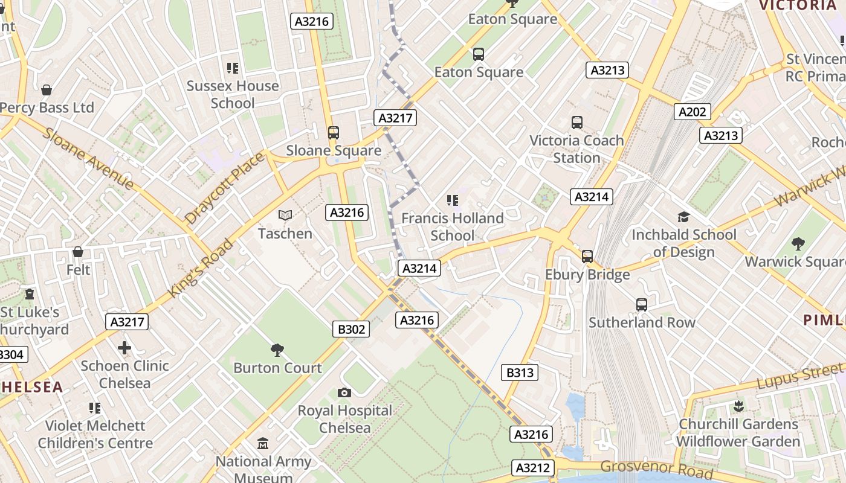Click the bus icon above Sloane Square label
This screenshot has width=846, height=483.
click(333, 133)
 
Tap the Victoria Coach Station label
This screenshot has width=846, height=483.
click(576, 149)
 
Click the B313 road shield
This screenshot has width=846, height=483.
click(520, 373)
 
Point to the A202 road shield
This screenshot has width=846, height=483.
click(693, 112)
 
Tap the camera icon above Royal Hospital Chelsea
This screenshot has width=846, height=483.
click(344, 393)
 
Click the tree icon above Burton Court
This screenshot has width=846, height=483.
click(277, 350)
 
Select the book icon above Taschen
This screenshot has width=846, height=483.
click(285, 215)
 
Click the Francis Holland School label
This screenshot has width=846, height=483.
click(452, 226)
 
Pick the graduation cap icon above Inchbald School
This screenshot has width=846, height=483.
click(683, 217)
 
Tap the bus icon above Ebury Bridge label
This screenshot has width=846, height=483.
click(587, 257)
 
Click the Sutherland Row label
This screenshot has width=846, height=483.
click(642, 322)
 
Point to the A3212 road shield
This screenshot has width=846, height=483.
click(534, 467)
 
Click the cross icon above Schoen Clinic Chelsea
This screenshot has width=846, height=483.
click(124, 348)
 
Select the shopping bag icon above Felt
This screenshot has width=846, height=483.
click(78, 252)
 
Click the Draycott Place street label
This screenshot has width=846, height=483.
click(225, 188)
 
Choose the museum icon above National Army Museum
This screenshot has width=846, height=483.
click(263, 444)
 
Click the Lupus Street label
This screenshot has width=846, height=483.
click(799, 377)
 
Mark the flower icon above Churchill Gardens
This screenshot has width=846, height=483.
click(738, 406)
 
